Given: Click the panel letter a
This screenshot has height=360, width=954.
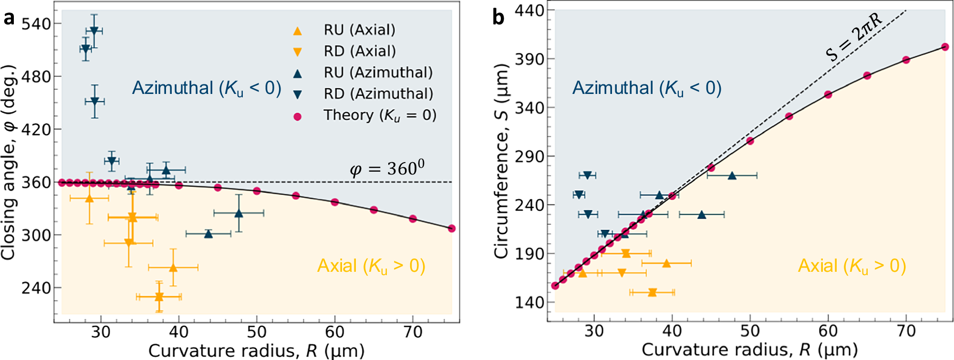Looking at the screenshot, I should [x=9, y=19].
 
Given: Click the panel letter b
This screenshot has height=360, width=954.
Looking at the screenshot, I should [x=498, y=18].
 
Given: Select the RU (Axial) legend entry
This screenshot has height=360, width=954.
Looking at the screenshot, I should [x=359, y=30].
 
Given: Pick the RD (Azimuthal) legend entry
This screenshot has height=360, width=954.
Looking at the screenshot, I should [x=378, y=94].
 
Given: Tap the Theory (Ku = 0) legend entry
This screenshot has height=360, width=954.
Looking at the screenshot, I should [x=380, y=115].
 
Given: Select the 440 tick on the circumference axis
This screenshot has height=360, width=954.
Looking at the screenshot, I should [x=529, y=10].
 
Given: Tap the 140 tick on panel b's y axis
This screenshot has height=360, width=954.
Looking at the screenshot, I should [x=529, y=302].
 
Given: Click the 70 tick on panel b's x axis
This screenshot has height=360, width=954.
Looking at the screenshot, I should [x=906, y=330].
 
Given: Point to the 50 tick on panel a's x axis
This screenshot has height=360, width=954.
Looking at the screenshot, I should [x=257, y=331].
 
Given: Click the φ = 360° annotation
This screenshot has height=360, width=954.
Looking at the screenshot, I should [x=387, y=168].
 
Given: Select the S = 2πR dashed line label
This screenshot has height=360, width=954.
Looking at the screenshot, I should [x=854, y=37].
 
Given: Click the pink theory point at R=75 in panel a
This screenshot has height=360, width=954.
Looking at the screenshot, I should [x=452, y=228].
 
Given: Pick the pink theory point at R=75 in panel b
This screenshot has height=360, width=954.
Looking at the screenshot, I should [x=945, y=47].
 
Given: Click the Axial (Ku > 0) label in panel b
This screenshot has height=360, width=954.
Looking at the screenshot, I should [x=852, y=266].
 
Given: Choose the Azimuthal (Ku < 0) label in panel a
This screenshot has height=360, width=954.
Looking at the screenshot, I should [x=207, y=88].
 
